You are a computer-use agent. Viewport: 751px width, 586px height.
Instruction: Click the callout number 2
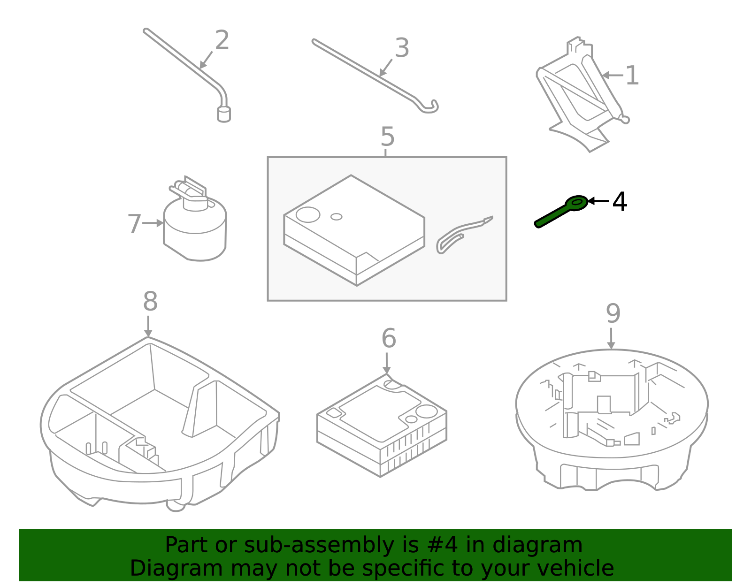pos(222,40)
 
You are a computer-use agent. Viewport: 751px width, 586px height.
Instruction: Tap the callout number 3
pos(402,48)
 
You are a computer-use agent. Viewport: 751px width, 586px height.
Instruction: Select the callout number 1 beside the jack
pos(632,76)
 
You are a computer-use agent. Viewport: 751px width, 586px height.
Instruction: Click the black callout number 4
pos(620,202)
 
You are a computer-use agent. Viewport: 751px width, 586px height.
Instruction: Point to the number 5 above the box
pos(387,137)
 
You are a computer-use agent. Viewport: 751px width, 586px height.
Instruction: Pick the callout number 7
pos(134,224)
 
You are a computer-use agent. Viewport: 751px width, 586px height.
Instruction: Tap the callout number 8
pos(150,302)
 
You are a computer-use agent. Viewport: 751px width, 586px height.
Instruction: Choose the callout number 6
pos(389,338)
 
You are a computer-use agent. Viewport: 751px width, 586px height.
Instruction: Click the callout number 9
pos(613,313)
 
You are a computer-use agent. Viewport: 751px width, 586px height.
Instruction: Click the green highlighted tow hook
pos(561,213)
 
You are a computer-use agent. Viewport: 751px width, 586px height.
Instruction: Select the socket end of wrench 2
pos(224,114)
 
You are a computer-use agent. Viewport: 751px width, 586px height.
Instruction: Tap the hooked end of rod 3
pos(429,108)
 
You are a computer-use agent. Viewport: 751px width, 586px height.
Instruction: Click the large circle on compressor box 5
pos(308,215)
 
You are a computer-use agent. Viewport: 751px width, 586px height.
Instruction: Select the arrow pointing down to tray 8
pos(148,327)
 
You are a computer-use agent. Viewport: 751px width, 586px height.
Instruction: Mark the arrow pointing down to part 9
pos(611,339)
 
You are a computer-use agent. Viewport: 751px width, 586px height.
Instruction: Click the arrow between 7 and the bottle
pos(153,223)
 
